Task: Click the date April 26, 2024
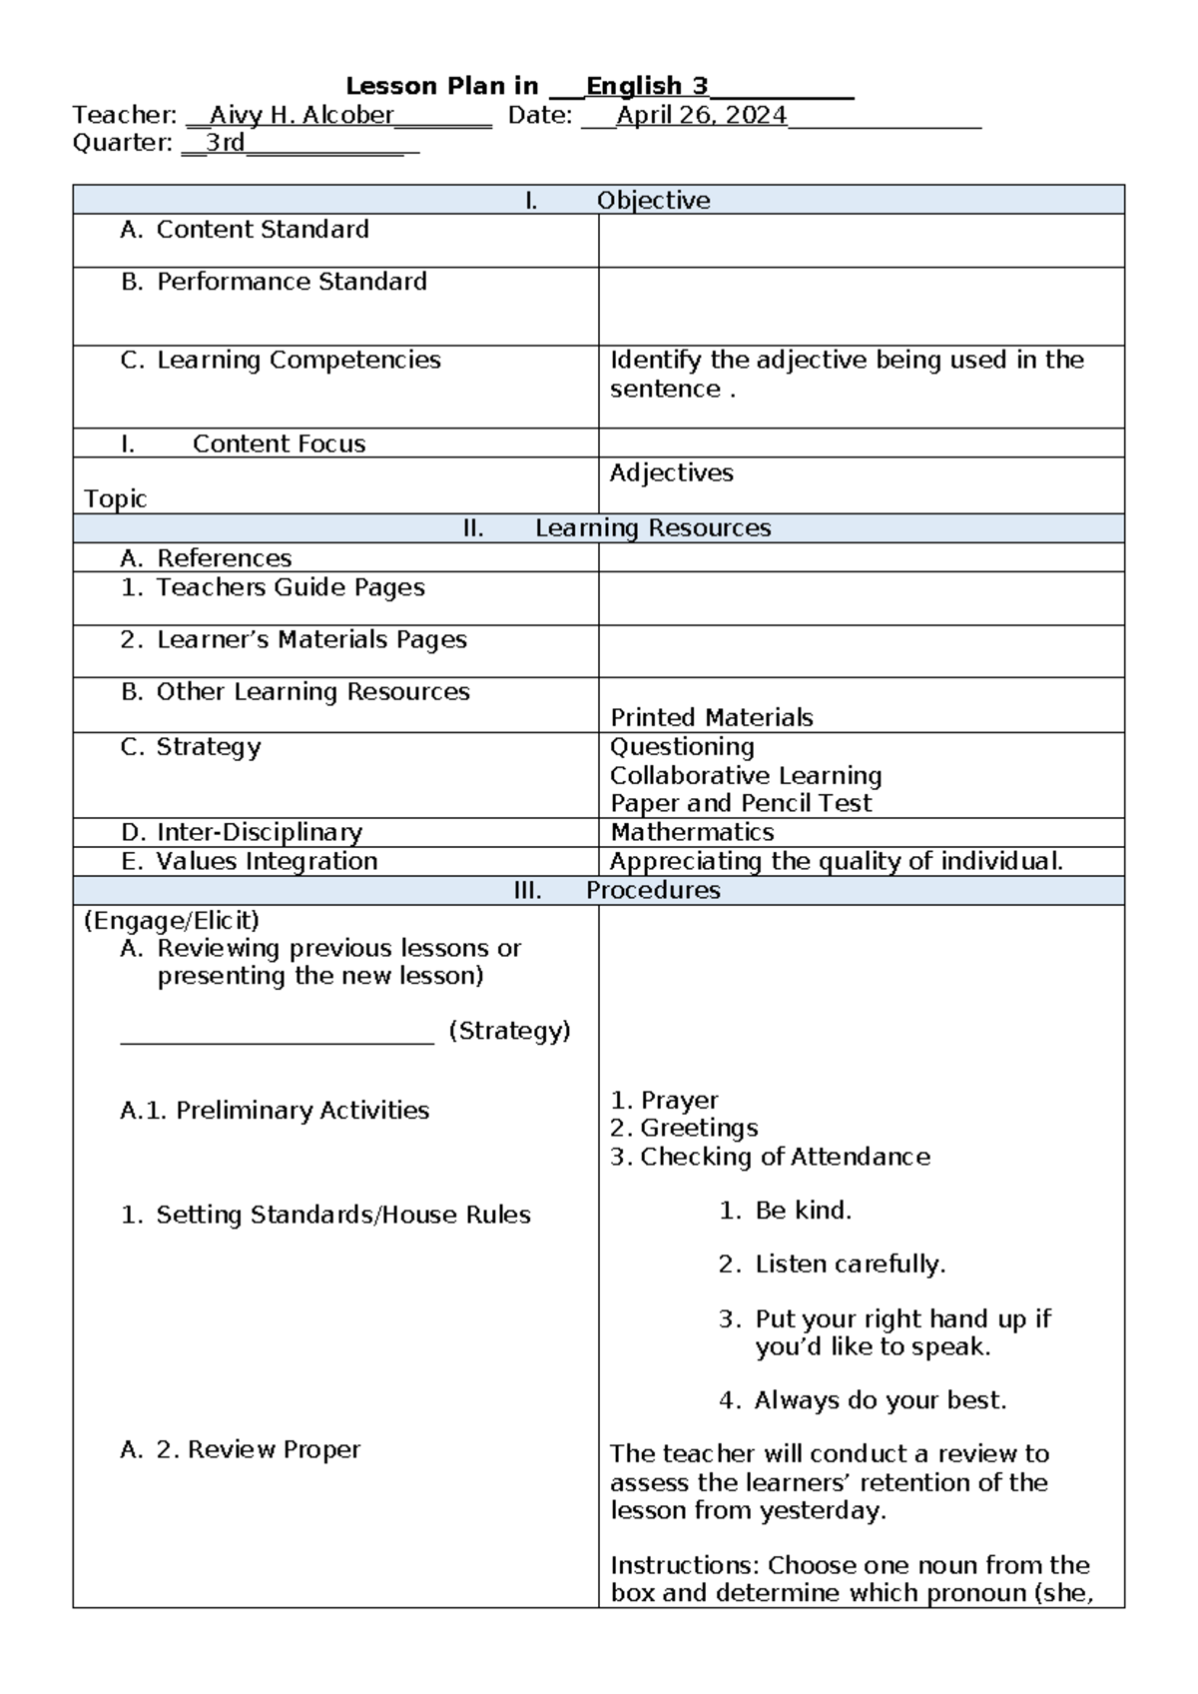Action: click(x=701, y=116)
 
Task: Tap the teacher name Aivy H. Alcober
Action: click(x=301, y=116)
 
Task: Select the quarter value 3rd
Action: click(x=225, y=143)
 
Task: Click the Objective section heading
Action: click(x=653, y=201)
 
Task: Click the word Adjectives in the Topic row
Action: click(x=671, y=473)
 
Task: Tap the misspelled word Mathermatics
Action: click(x=692, y=832)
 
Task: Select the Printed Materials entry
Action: click(x=711, y=717)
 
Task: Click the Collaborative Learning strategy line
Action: click(x=746, y=775)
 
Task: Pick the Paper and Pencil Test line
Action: click(x=741, y=803)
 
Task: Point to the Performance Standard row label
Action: click(x=291, y=282)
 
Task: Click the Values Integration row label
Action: click(x=266, y=861)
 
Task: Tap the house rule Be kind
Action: click(x=803, y=1211)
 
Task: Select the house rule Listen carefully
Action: click(x=850, y=1265)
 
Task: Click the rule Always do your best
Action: click(x=880, y=1400)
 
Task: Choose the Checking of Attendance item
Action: click(x=785, y=1157)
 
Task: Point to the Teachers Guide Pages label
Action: click(x=290, y=587)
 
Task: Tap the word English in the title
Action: click(x=634, y=87)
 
